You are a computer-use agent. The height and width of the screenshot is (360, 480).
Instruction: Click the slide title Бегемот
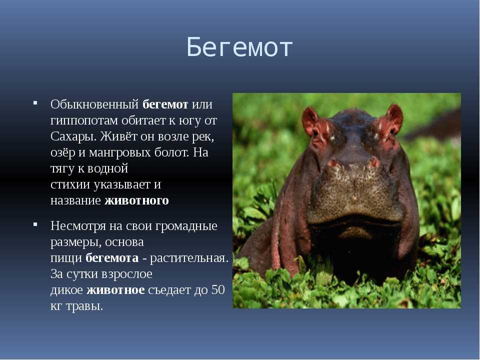(239, 47)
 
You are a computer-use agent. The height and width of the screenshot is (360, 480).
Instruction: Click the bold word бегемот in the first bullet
(165, 104)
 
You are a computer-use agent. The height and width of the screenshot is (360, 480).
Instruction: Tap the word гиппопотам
(84, 121)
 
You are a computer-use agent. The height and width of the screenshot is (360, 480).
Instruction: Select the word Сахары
(73, 136)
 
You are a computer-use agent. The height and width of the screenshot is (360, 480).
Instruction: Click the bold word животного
(136, 200)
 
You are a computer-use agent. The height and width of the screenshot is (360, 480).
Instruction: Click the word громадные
(186, 226)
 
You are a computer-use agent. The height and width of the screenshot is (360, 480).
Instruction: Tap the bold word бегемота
(112, 258)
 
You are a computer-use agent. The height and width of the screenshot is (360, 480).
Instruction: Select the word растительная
(189, 258)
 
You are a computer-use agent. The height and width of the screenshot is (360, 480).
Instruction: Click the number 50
(218, 289)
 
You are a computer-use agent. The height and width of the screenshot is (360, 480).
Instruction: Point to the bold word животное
(115, 290)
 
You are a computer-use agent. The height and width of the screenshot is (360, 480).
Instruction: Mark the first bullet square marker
(35, 103)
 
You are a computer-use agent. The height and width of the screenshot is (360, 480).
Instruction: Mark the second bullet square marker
(35, 224)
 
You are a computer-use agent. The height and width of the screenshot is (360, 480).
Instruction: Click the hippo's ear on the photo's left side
(312, 122)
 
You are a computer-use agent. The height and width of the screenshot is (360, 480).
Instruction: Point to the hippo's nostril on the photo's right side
(374, 161)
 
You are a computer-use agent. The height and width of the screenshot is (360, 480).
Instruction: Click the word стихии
(70, 184)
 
